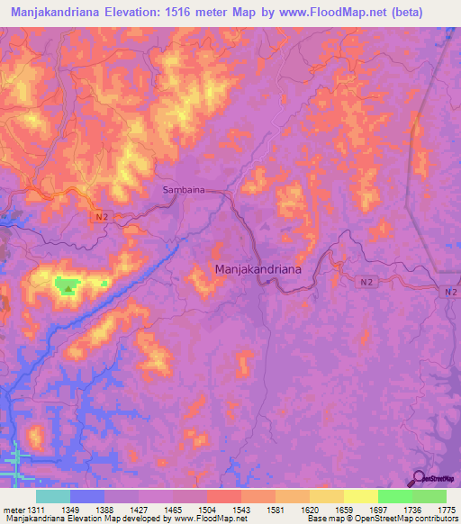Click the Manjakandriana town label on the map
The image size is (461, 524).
point(257,268)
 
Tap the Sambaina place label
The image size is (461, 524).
point(184,191)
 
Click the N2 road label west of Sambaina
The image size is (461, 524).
point(104,217)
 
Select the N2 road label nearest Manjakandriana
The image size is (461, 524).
point(366,282)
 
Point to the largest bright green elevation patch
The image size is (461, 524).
point(67,286)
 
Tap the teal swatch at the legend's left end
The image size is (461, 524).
point(53,497)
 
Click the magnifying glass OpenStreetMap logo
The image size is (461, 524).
point(419,478)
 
